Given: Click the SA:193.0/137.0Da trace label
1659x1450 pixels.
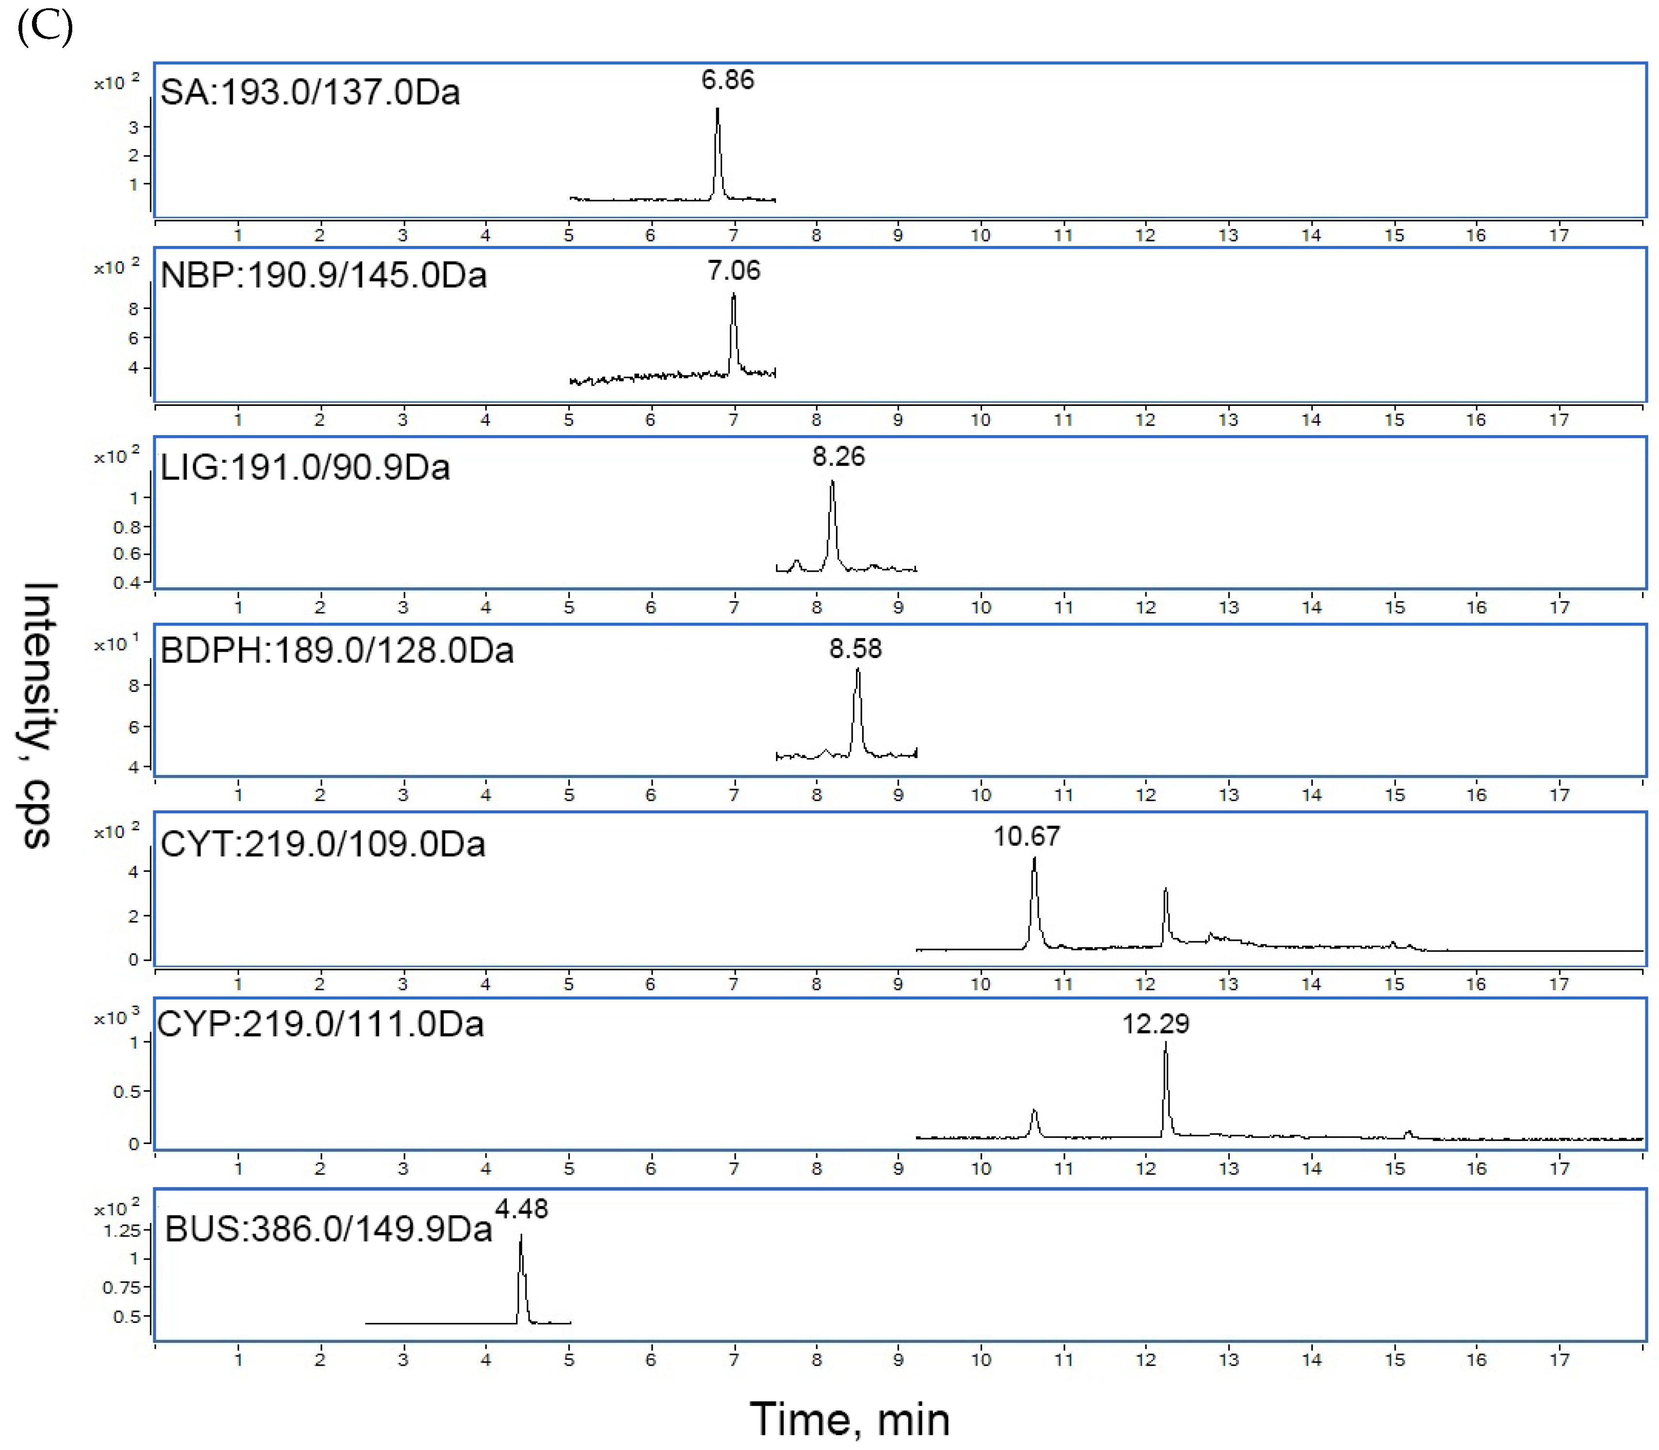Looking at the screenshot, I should pyautogui.click(x=310, y=92).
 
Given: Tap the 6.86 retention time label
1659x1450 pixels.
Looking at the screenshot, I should pyautogui.click(x=727, y=80).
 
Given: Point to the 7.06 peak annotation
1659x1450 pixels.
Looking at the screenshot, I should pyautogui.click(x=734, y=270).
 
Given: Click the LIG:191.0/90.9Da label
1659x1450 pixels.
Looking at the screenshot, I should pyautogui.click(x=305, y=467).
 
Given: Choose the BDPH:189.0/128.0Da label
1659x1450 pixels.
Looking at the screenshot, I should pyautogui.click(x=337, y=650).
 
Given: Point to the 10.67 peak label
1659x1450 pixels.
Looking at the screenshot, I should pyautogui.click(x=1026, y=836).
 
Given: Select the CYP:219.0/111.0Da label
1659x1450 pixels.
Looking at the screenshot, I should pyautogui.click(x=321, y=1024).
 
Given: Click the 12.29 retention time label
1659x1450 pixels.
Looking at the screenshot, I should pyautogui.click(x=1156, y=1024).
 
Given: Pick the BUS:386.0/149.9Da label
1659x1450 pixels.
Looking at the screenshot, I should pyautogui.click(x=329, y=1229).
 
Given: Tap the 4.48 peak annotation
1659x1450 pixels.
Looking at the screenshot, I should pyautogui.click(x=521, y=1209).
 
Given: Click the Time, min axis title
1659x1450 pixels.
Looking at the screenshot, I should pyautogui.click(x=849, y=1419).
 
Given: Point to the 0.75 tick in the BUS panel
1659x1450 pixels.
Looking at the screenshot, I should pyautogui.click(x=121, y=1288).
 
